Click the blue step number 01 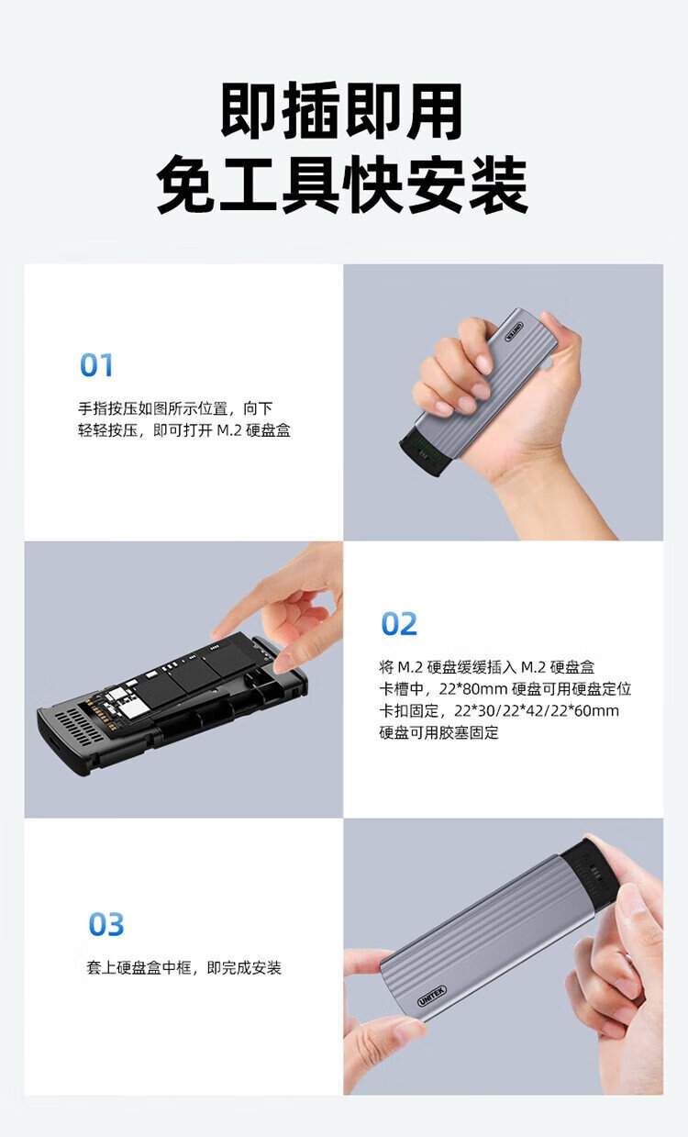pyautogui.click(x=96, y=365)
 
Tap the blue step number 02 pyautogui.click(x=399, y=623)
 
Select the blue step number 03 pyautogui.click(x=106, y=924)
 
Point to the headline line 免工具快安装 pyautogui.click(x=342, y=184)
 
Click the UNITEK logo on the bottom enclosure pyautogui.click(x=432, y=996)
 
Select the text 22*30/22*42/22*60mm pyautogui.click(x=537, y=711)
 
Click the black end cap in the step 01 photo pyautogui.click(x=424, y=451)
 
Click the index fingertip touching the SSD pyautogui.click(x=218, y=634)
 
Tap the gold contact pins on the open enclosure pyautogui.click(x=99, y=708)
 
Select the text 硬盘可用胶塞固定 pyautogui.click(x=438, y=733)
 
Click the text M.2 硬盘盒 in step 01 pyautogui.click(x=254, y=430)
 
